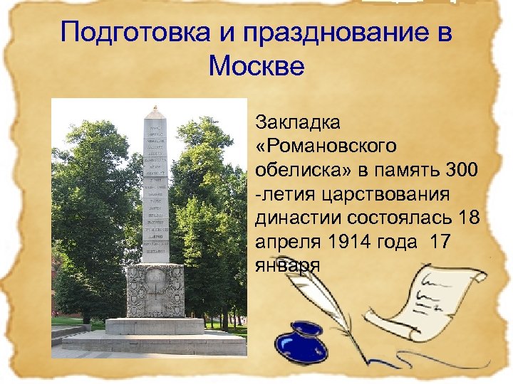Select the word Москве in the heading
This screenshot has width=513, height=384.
(x=256, y=67)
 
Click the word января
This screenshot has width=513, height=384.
(x=286, y=265)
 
